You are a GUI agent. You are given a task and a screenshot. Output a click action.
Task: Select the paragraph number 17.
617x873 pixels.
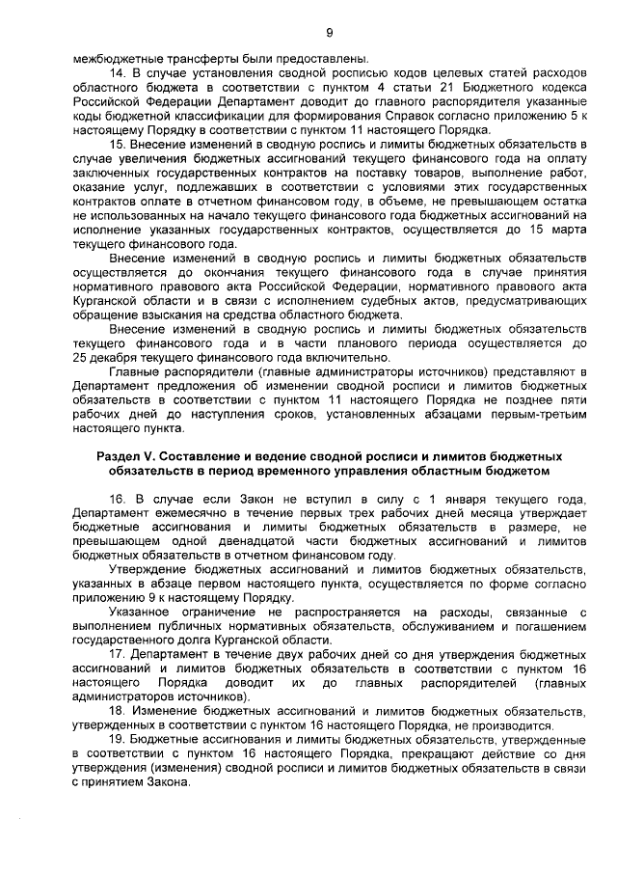point(118,653)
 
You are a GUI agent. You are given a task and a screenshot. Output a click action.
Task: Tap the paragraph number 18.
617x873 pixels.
point(118,712)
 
